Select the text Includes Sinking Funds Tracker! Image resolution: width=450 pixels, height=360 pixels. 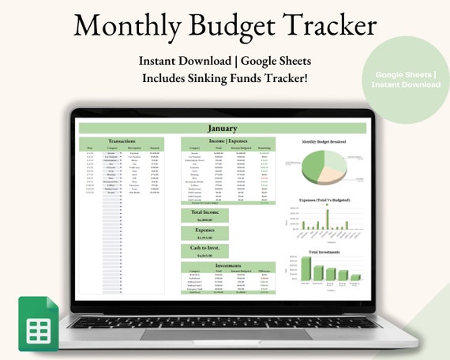(x=224, y=78)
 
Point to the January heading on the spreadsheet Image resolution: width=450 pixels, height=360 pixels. (x=222, y=128)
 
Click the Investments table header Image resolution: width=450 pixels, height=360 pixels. (x=228, y=267)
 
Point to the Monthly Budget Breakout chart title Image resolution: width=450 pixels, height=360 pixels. (x=324, y=143)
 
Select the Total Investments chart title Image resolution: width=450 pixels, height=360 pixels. (x=324, y=251)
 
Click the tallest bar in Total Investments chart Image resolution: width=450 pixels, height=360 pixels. (x=306, y=268)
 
